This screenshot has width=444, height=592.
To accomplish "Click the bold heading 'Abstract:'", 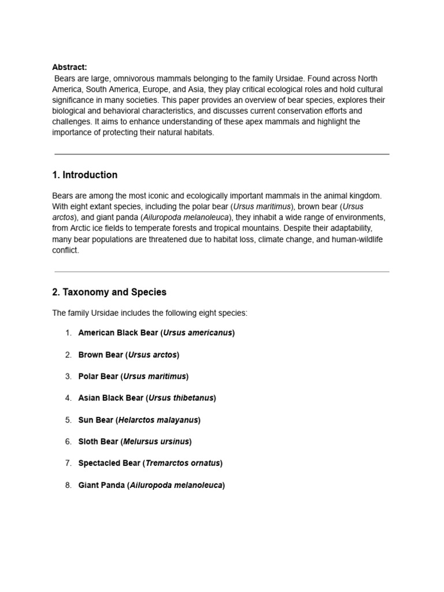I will (x=69, y=67).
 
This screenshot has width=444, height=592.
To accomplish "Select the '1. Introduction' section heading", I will (x=84, y=175).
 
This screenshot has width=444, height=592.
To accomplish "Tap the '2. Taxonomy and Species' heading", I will (x=109, y=293).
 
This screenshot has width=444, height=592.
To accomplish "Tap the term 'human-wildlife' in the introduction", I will (x=356, y=239).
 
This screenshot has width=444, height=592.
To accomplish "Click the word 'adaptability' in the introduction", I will (x=347, y=228).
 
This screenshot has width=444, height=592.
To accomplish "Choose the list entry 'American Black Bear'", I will (x=118, y=333).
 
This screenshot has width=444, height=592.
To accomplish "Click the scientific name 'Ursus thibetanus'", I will (x=182, y=398).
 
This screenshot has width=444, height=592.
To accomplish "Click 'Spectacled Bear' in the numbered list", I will (x=109, y=464).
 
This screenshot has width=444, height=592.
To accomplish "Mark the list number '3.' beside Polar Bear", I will (x=68, y=377).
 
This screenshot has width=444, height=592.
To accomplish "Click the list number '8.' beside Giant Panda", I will (x=68, y=486).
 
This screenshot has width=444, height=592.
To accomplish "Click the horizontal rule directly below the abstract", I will (x=221, y=154).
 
